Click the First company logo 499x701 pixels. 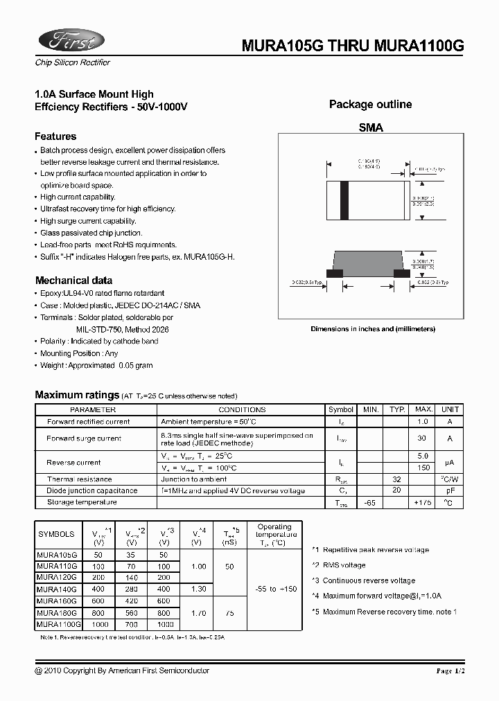[70, 42]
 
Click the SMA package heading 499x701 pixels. [370, 128]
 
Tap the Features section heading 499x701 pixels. [55, 136]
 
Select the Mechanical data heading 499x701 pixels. [73, 281]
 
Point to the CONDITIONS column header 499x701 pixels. [242, 410]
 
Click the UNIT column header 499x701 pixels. [450, 410]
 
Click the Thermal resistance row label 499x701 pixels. [79, 479]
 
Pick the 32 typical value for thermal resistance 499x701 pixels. [397, 479]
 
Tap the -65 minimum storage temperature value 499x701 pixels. [371, 502]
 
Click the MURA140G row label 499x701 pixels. [58, 589]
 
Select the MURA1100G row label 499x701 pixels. [59, 624]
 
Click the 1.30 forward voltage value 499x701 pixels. [199, 589]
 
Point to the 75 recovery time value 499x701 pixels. [229, 612]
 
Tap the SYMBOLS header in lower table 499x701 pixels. [57, 534]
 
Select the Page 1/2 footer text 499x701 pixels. [453, 671]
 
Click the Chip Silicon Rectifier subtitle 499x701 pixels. [73, 62]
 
